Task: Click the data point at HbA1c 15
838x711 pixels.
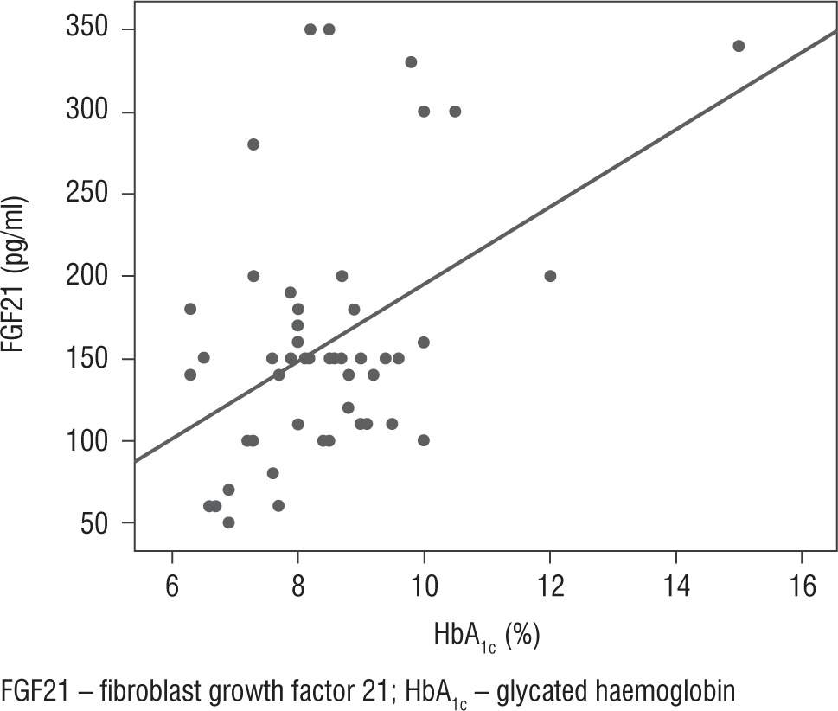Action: (739, 46)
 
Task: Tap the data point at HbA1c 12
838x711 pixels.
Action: (550, 276)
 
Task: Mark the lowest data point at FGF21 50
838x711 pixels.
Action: (228, 522)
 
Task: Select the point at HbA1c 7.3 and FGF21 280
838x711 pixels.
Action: (253, 144)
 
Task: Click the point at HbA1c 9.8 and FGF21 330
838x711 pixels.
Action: (411, 62)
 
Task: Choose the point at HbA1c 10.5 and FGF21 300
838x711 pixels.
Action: (455, 112)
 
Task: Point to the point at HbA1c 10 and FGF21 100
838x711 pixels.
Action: (424, 440)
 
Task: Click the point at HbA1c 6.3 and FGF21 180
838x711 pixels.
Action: (190, 309)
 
